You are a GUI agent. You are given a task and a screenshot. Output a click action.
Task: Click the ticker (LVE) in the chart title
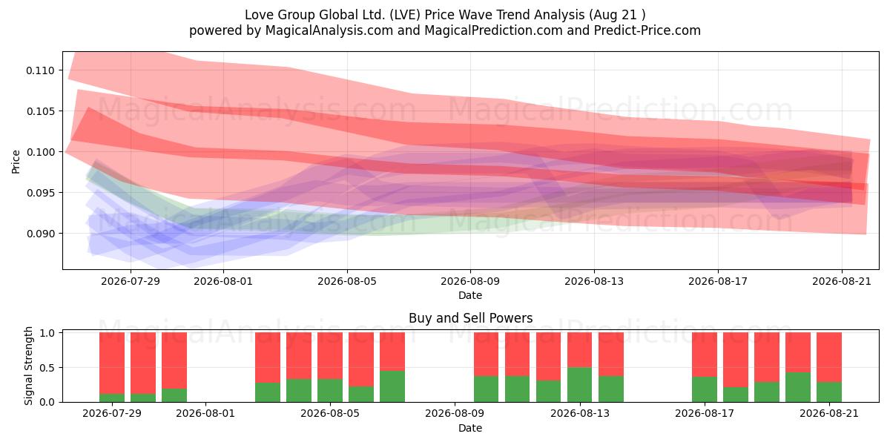coord(404,15)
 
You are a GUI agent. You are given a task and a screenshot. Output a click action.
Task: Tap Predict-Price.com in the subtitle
coord(647,30)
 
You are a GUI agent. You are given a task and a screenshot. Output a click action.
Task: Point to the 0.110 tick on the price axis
coord(40,70)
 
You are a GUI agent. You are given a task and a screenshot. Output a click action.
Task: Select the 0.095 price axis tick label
coord(40,193)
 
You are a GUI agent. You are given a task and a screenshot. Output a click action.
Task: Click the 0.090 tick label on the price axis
coord(40,234)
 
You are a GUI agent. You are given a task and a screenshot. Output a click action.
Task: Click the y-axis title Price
coord(16,162)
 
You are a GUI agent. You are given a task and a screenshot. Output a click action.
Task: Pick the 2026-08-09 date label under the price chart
coord(470,281)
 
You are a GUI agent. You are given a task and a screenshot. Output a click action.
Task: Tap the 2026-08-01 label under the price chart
coord(223,281)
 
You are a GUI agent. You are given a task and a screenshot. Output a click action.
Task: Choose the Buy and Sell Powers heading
coord(470,318)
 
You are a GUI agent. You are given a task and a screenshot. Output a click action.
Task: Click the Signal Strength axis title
coord(28,366)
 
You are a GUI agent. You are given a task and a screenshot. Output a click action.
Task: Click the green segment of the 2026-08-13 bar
coord(580,385)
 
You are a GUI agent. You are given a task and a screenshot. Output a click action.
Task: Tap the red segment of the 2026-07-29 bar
coord(112,363)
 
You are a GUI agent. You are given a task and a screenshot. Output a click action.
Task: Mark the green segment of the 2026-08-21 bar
coord(829,392)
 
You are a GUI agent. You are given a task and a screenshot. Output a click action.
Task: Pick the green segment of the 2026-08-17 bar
coord(705,389)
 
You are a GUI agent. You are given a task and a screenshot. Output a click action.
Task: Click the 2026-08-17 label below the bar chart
coord(705,414)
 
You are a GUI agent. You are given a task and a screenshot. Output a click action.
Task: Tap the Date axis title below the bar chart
coord(470,428)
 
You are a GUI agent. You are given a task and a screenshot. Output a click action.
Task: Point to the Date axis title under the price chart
coord(470,295)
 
